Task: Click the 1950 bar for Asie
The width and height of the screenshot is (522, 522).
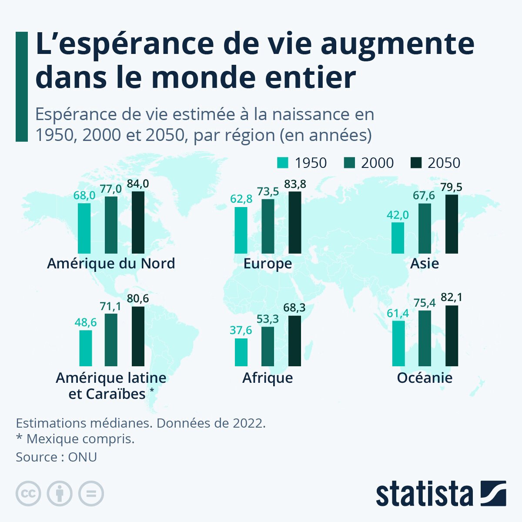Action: [398, 238]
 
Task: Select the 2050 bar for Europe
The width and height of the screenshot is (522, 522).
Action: [294, 222]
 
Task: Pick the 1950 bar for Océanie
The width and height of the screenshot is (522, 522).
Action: [398, 343]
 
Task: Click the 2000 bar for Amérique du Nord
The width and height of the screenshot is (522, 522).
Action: [111, 225]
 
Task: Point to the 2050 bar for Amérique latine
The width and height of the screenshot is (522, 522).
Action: [138, 336]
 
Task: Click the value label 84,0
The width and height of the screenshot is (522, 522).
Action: [138, 184]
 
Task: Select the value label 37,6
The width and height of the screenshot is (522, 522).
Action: [241, 331]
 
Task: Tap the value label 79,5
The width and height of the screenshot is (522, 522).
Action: [451, 187]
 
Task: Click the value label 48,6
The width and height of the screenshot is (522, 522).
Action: [86, 322]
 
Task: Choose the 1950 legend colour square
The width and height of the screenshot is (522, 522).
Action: [283, 163]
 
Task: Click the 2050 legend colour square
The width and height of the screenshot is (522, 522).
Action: [416, 163]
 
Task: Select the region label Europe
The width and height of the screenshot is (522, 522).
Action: [268, 264]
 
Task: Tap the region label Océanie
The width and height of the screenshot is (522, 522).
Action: [425, 378]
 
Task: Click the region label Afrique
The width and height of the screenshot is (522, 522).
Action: [268, 378]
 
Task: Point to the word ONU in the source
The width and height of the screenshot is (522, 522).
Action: [82, 457]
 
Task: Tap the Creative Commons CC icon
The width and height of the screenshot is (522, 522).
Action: [28, 494]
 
